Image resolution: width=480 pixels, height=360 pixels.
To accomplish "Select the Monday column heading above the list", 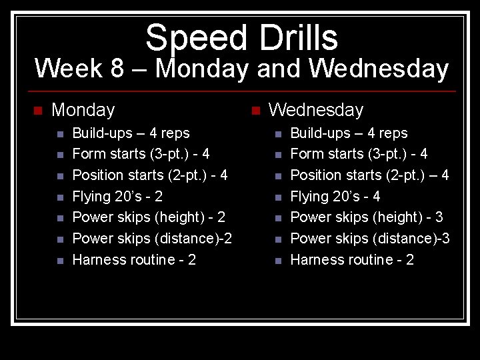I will click(x=83, y=109).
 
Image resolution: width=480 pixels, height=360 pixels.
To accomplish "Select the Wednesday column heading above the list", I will click(x=316, y=109).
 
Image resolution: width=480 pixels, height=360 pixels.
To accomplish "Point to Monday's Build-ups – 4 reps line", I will click(x=131, y=133).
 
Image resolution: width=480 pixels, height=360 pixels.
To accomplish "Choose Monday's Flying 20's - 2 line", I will click(x=117, y=196).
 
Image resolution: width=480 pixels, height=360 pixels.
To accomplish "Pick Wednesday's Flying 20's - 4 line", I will click(x=335, y=196).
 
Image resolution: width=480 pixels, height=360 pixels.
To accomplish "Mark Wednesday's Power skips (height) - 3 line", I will click(x=367, y=217).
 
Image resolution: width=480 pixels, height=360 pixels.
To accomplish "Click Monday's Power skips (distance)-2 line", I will click(x=152, y=239).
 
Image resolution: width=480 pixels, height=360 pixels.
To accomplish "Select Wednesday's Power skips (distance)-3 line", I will click(x=370, y=239).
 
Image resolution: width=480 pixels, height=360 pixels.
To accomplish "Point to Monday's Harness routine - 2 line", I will click(x=134, y=260).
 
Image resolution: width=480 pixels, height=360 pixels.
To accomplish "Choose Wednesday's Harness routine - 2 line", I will click(x=352, y=260).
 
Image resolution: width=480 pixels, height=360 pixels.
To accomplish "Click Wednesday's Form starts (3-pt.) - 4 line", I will click(x=359, y=154).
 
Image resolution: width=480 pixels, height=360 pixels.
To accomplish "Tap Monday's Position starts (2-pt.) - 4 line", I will click(x=149, y=175).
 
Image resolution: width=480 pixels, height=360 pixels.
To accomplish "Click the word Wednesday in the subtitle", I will click(x=379, y=69).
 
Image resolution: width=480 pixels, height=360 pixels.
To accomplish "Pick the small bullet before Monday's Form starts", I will click(x=59, y=155).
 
